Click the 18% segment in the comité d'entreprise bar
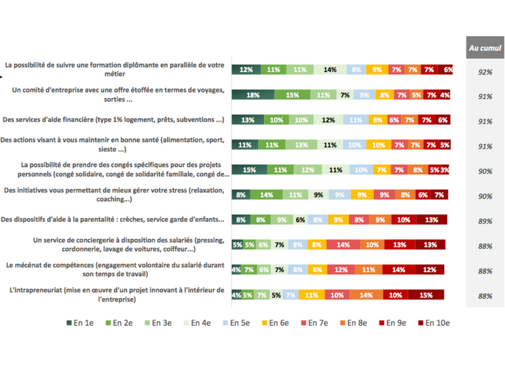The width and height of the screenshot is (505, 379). pyautogui.click(x=253, y=95)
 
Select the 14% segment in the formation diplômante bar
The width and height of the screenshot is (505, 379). pyautogui.click(x=330, y=70)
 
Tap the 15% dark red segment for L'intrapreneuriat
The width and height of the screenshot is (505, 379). pyautogui.click(x=426, y=295)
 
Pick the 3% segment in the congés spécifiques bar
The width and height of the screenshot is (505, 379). pyautogui.click(x=446, y=170)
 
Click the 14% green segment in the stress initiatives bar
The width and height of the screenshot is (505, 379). pyautogui.click(x=266, y=195)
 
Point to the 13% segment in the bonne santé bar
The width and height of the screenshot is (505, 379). pyautogui.click(x=301, y=145)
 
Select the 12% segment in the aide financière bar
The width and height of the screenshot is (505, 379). pyautogui.click(x=328, y=120)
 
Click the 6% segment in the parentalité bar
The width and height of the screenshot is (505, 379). pyautogui.click(x=300, y=220)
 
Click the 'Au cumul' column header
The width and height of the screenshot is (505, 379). pyautogui.click(x=485, y=48)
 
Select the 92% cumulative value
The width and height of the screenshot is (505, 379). pyautogui.click(x=485, y=72)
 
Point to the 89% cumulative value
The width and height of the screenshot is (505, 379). pyautogui.click(x=485, y=221)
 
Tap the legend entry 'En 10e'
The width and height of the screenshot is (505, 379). pyautogui.click(x=436, y=323)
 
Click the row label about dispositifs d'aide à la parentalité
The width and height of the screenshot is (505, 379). pyautogui.click(x=114, y=220)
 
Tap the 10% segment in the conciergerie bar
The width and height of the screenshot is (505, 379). pyautogui.click(x=372, y=244)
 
